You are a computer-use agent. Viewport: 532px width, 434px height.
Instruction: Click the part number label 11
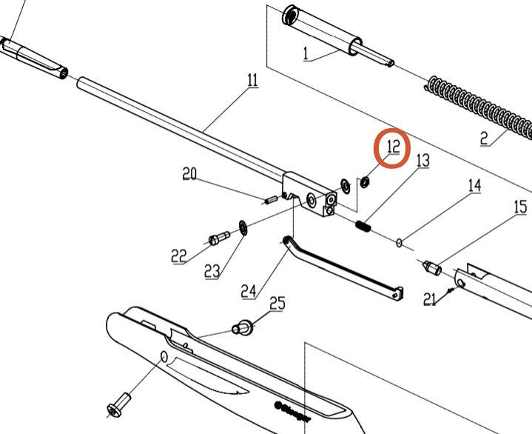click(252, 80)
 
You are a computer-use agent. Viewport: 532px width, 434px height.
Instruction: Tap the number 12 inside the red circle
click(393, 147)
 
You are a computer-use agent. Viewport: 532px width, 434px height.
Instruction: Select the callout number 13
click(422, 160)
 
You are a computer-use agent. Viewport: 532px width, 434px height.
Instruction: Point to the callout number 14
click(474, 185)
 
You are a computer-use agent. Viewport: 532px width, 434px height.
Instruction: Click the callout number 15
click(521, 207)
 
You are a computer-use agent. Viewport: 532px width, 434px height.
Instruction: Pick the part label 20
click(190, 174)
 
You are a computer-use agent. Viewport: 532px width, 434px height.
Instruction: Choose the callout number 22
click(179, 256)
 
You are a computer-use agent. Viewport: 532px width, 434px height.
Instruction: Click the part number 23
click(212, 271)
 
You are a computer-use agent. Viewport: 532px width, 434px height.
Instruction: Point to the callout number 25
click(277, 302)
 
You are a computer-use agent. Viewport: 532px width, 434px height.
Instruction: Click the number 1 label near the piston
click(304, 53)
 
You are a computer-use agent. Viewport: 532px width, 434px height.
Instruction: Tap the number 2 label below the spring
click(484, 138)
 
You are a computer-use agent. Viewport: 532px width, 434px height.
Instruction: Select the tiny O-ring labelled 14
click(400, 241)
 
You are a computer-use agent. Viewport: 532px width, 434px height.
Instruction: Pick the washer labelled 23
click(242, 226)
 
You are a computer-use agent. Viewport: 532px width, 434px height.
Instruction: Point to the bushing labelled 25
click(243, 326)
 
